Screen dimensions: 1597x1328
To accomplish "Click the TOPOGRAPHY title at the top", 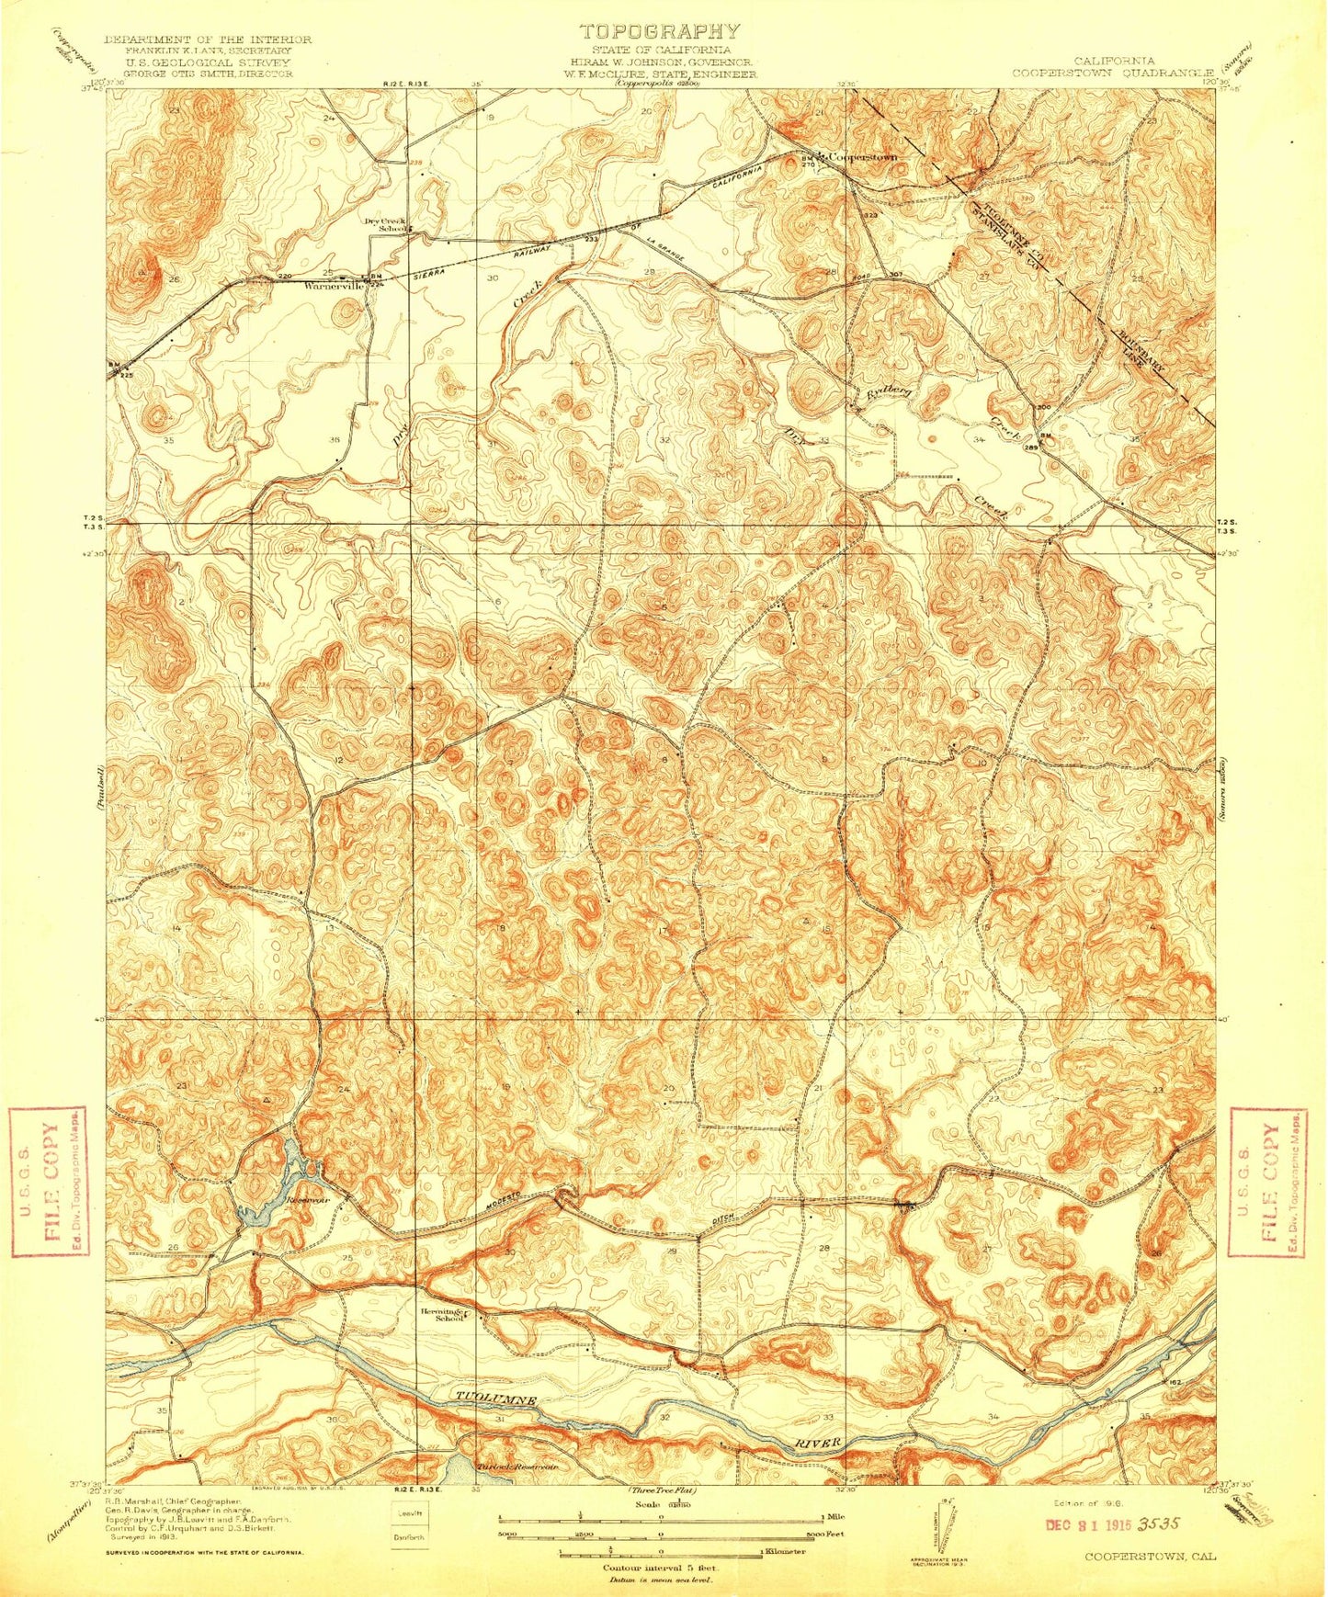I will point(658,31).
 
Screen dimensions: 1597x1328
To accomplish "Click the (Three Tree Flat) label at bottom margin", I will point(662,1489).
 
